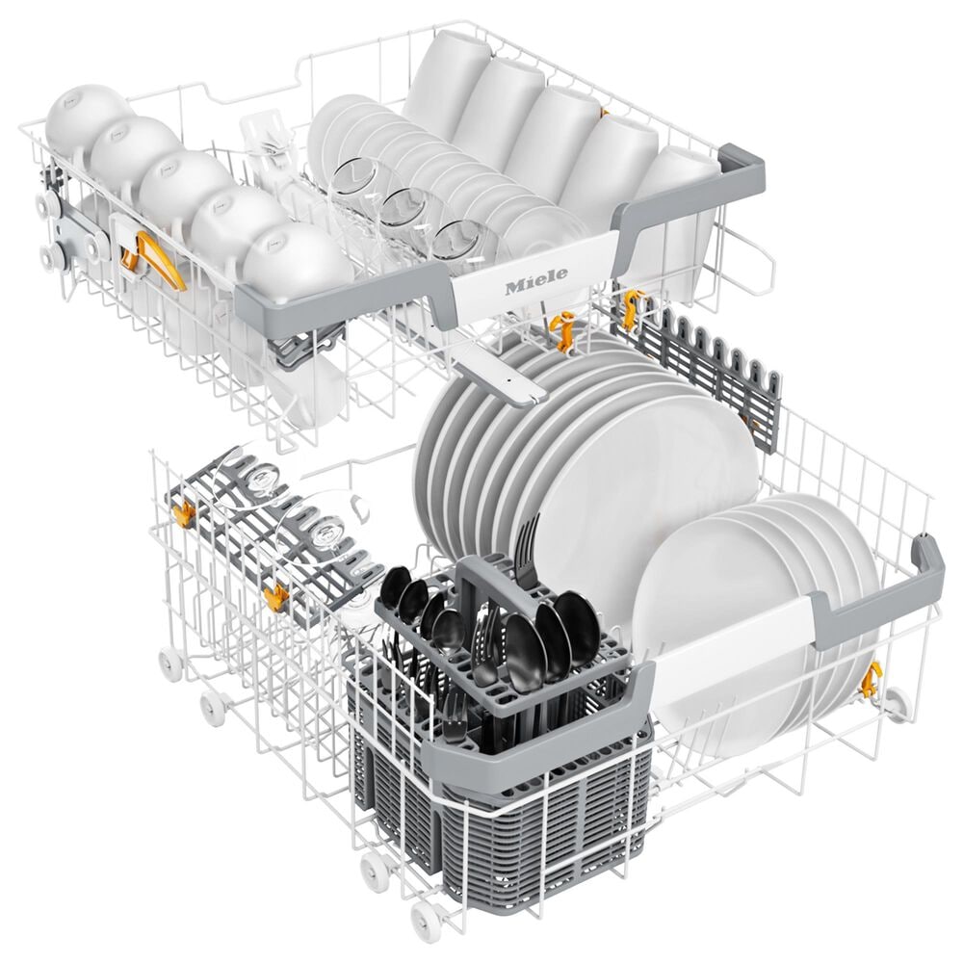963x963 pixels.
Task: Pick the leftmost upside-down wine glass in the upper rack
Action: (356, 184)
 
